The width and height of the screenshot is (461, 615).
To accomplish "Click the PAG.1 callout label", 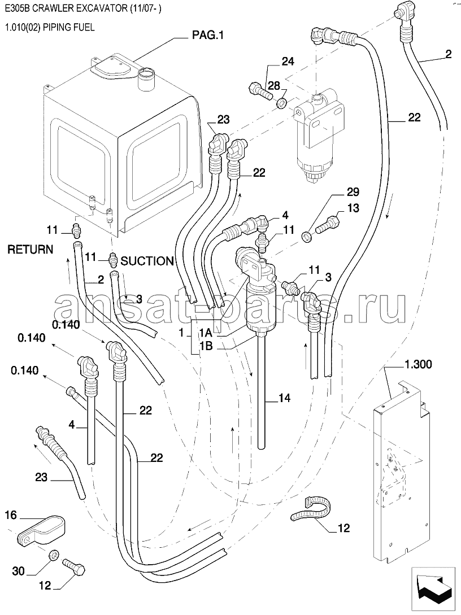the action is [207, 36].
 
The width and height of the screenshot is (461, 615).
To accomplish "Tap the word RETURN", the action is [31, 250].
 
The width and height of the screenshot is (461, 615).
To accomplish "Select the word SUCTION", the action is [147, 261].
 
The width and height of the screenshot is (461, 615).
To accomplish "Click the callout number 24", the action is [288, 62].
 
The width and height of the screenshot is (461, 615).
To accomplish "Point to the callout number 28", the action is [273, 86].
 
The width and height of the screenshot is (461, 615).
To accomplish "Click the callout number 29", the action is [353, 192].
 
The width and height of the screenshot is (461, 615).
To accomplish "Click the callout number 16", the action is [11, 515].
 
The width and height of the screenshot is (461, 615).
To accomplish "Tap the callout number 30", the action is [18, 571].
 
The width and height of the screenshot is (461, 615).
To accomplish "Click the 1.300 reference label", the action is [417, 364].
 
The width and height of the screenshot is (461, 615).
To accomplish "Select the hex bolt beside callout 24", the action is [260, 90].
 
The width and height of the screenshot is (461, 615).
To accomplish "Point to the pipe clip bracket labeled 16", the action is [42, 530].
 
